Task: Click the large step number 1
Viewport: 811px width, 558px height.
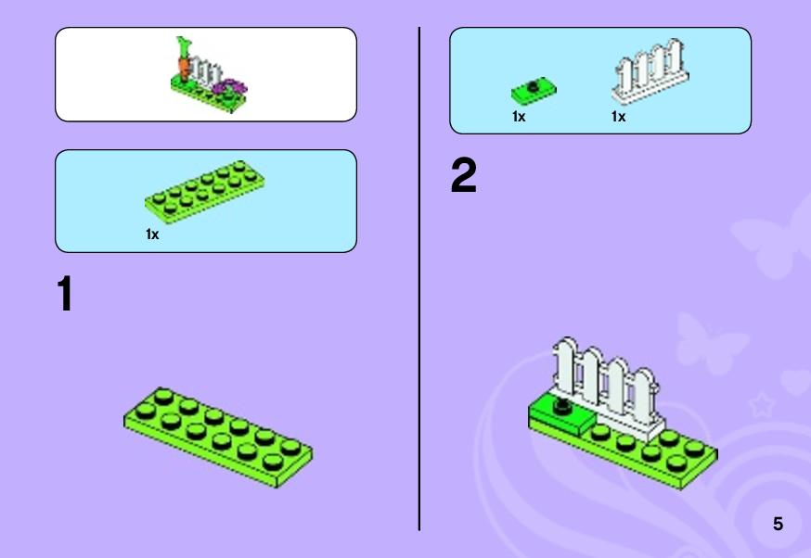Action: click(65, 294)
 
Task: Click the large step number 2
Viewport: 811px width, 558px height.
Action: click(463, 176)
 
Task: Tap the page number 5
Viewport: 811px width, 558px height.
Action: click(778, 524)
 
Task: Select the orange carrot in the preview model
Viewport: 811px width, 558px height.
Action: click(184, 66)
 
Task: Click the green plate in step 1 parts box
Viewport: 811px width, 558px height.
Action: click(205, 191)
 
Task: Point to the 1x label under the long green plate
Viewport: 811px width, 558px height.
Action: click(152, 235)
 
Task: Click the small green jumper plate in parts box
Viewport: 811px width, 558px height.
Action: click(534, 90)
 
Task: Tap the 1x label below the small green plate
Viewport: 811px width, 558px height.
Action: click(519, 117)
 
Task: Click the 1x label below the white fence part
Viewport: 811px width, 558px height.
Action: click(618, 117)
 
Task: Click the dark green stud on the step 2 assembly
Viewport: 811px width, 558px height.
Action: click(562, 406)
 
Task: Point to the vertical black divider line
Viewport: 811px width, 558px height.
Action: click(418, 279)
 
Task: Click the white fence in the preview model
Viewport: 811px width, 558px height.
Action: click(206, 71)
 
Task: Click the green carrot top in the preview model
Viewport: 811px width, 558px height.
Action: click(183, 46)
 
